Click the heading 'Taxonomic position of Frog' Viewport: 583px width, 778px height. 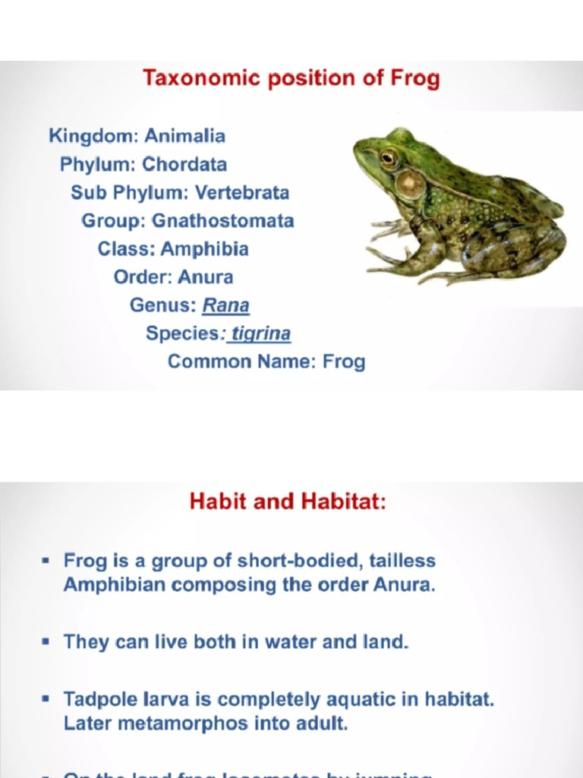click(x=291, y=78)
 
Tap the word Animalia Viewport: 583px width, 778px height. click(x=184, y=137)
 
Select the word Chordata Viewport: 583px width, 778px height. click(x=184, y=164)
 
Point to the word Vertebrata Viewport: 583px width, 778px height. click(x=242, y=193)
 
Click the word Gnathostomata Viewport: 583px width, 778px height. click(x=223, y=221)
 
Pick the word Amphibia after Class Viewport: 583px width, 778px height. click(x=205, y=249)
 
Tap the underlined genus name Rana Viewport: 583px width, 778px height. click(x=225, y=305)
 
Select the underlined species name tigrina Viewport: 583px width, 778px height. click(x=261, y=334)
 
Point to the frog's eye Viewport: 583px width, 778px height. click(x=389, y=157)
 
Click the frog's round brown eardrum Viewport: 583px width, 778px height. click(x=411, y=183)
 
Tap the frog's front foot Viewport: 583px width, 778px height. click(x=387, y=228)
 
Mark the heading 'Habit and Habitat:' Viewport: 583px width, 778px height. click(x=288, y=502)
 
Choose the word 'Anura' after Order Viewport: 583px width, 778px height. click(x=205, y=277)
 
